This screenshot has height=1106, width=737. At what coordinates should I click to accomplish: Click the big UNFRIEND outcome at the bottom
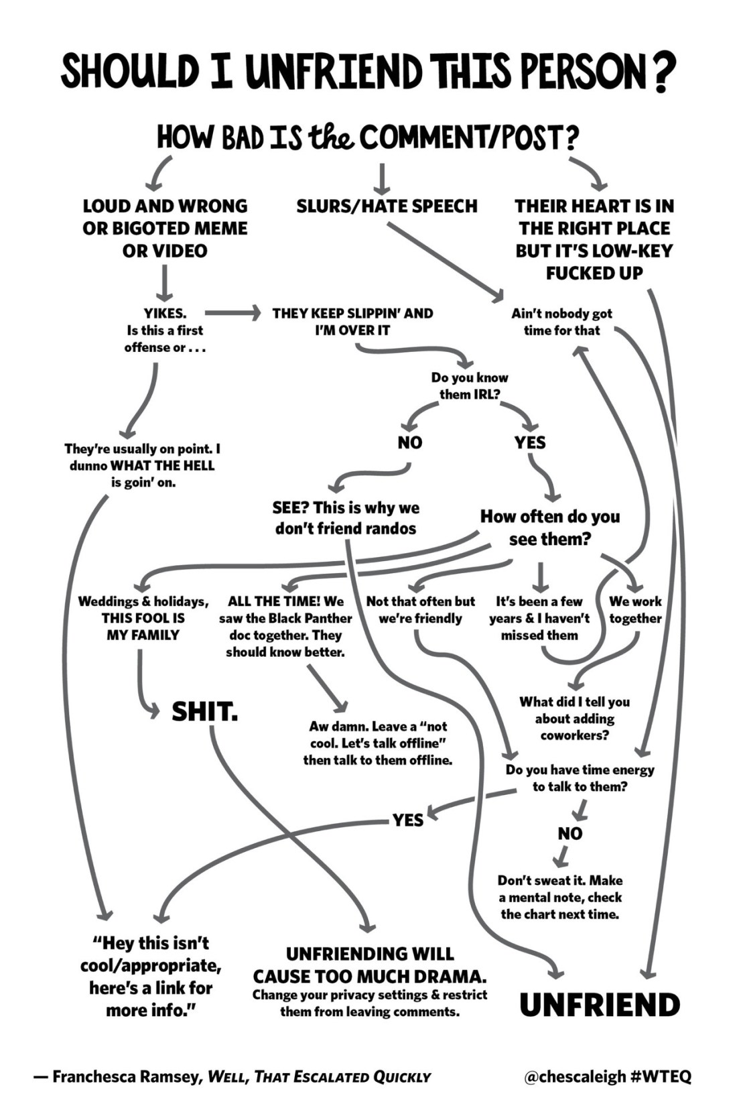599,1005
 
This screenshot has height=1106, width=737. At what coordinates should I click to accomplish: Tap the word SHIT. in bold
204,712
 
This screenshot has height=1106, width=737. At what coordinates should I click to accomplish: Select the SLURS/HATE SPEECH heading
387,206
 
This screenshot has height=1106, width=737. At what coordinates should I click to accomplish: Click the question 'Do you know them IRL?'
469,386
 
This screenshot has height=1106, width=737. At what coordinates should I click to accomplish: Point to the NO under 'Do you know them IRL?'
409,442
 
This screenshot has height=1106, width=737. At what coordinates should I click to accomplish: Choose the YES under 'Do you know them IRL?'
530,442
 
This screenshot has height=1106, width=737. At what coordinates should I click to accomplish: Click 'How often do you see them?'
549,528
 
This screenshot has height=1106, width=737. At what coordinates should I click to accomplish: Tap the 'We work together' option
634,610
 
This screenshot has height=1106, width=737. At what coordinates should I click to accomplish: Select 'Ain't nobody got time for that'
561,322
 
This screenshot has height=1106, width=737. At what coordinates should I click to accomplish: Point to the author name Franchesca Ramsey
127,1077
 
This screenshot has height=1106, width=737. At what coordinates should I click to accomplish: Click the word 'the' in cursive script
332,137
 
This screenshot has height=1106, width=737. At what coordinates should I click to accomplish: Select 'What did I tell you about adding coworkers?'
574,719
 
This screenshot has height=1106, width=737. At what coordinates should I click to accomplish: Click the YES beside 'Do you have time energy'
407,820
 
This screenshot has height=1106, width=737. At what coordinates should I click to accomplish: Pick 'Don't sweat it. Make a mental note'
559,897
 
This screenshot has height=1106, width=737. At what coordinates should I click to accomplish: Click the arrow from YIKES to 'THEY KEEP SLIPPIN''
232,312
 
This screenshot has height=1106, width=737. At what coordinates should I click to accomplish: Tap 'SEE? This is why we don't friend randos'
345,518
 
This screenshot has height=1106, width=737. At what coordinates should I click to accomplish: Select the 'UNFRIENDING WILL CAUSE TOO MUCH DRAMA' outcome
369,965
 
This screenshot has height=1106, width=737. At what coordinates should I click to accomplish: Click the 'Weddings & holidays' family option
143,618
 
